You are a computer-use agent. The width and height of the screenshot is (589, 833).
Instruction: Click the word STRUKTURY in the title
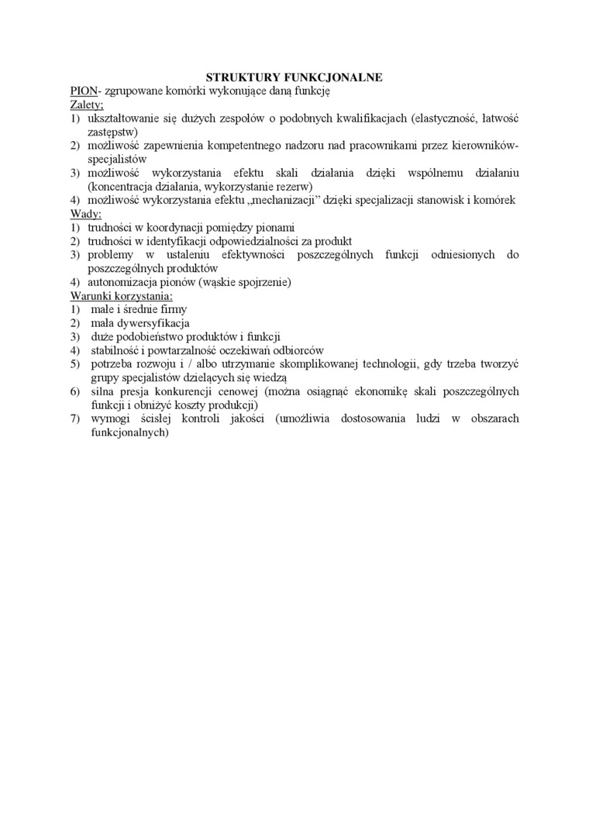[x=232, y=77]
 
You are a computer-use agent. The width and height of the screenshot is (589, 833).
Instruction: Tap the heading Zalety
[x=86, y=105]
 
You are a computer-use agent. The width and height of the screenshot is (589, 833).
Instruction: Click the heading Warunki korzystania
[x=121, y=296]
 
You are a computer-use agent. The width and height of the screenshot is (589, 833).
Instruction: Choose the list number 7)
[x=75, y=419]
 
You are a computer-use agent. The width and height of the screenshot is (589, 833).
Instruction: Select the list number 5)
[x=75, y=363]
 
